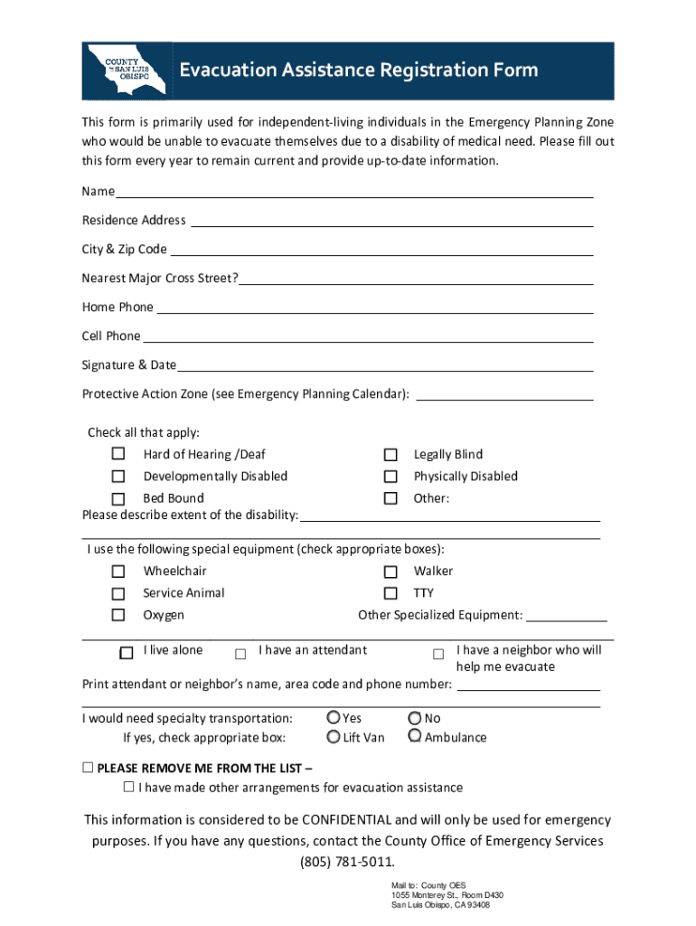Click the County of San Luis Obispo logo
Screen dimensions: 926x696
(x=126, y=70)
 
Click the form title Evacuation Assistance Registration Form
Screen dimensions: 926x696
(x=358, y=71)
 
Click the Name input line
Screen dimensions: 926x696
(x=354, y=191)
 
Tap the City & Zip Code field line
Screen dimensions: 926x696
(x=381, y=249)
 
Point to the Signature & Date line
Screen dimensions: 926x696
(x=386, y=364)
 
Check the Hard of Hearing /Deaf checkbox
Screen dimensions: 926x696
(x=118, y=454)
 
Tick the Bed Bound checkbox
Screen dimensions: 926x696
(x=118, y=498)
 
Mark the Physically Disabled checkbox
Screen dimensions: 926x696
(x=390, y=477)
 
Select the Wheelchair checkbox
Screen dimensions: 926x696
(x=118, y=572)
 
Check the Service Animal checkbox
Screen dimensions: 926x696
(x=118, y=593)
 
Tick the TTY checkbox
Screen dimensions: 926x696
(x=390, y=593)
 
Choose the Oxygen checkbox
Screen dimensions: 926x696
(x=118, y=615)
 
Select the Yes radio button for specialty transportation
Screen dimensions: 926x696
(x=334, y=717)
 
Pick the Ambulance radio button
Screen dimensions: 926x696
(x=414, y=736)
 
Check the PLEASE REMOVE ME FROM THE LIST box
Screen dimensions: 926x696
(x=88, y=768)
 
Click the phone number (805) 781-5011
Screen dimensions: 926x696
(x=348, y=861)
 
